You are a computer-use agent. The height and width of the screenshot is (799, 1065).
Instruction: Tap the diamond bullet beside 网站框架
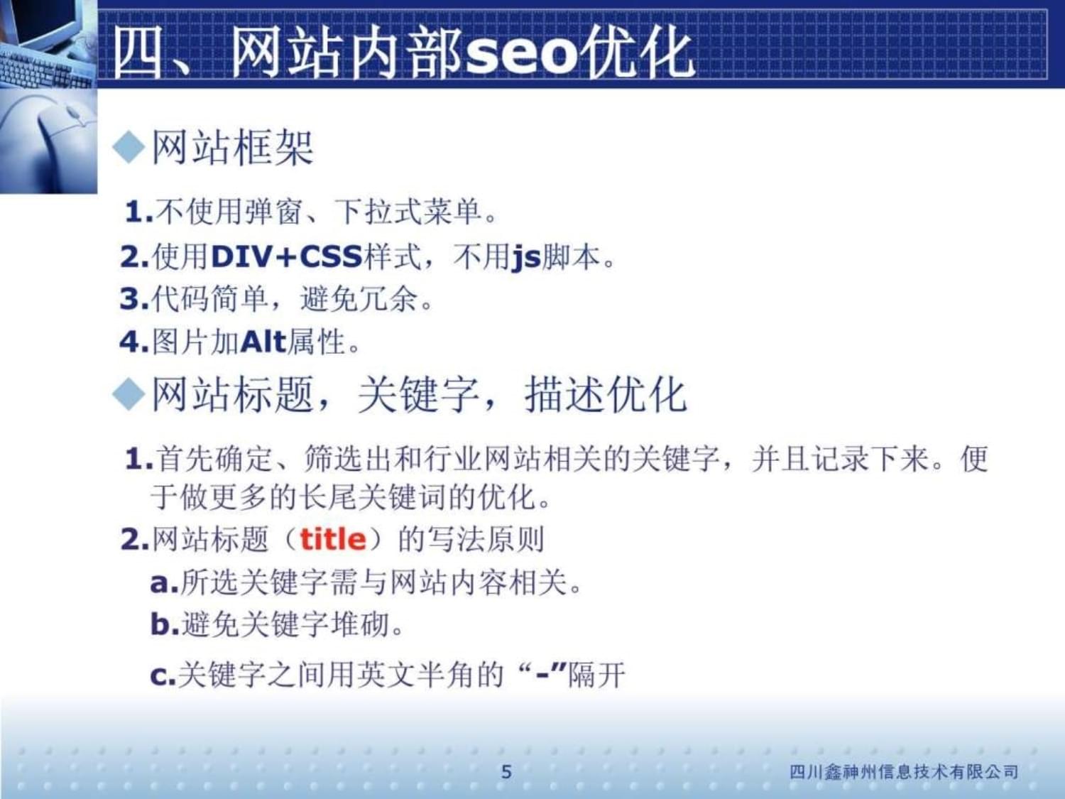point(129,148)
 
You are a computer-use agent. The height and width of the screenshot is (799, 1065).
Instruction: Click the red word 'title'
point(332,540)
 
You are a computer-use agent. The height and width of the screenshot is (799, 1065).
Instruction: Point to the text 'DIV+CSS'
point(287,256)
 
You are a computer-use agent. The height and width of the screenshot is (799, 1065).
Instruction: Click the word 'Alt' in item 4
point(263,342)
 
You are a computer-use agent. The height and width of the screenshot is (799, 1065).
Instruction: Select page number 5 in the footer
point(506,771)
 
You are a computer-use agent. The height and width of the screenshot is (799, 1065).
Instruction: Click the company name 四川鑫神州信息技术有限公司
point(904,771)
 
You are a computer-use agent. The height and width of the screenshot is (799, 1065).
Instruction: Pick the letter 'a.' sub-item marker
point(163,583)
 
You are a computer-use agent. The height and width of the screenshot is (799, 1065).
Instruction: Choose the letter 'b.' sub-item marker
point(164,625)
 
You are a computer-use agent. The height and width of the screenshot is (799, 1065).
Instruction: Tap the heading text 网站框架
point(232,148)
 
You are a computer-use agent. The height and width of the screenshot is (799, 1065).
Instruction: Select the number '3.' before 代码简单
point(133,299)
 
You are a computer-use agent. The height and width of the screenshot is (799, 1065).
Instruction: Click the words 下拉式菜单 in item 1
point(408,211)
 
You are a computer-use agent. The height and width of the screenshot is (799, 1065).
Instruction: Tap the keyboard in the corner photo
point(43,67)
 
